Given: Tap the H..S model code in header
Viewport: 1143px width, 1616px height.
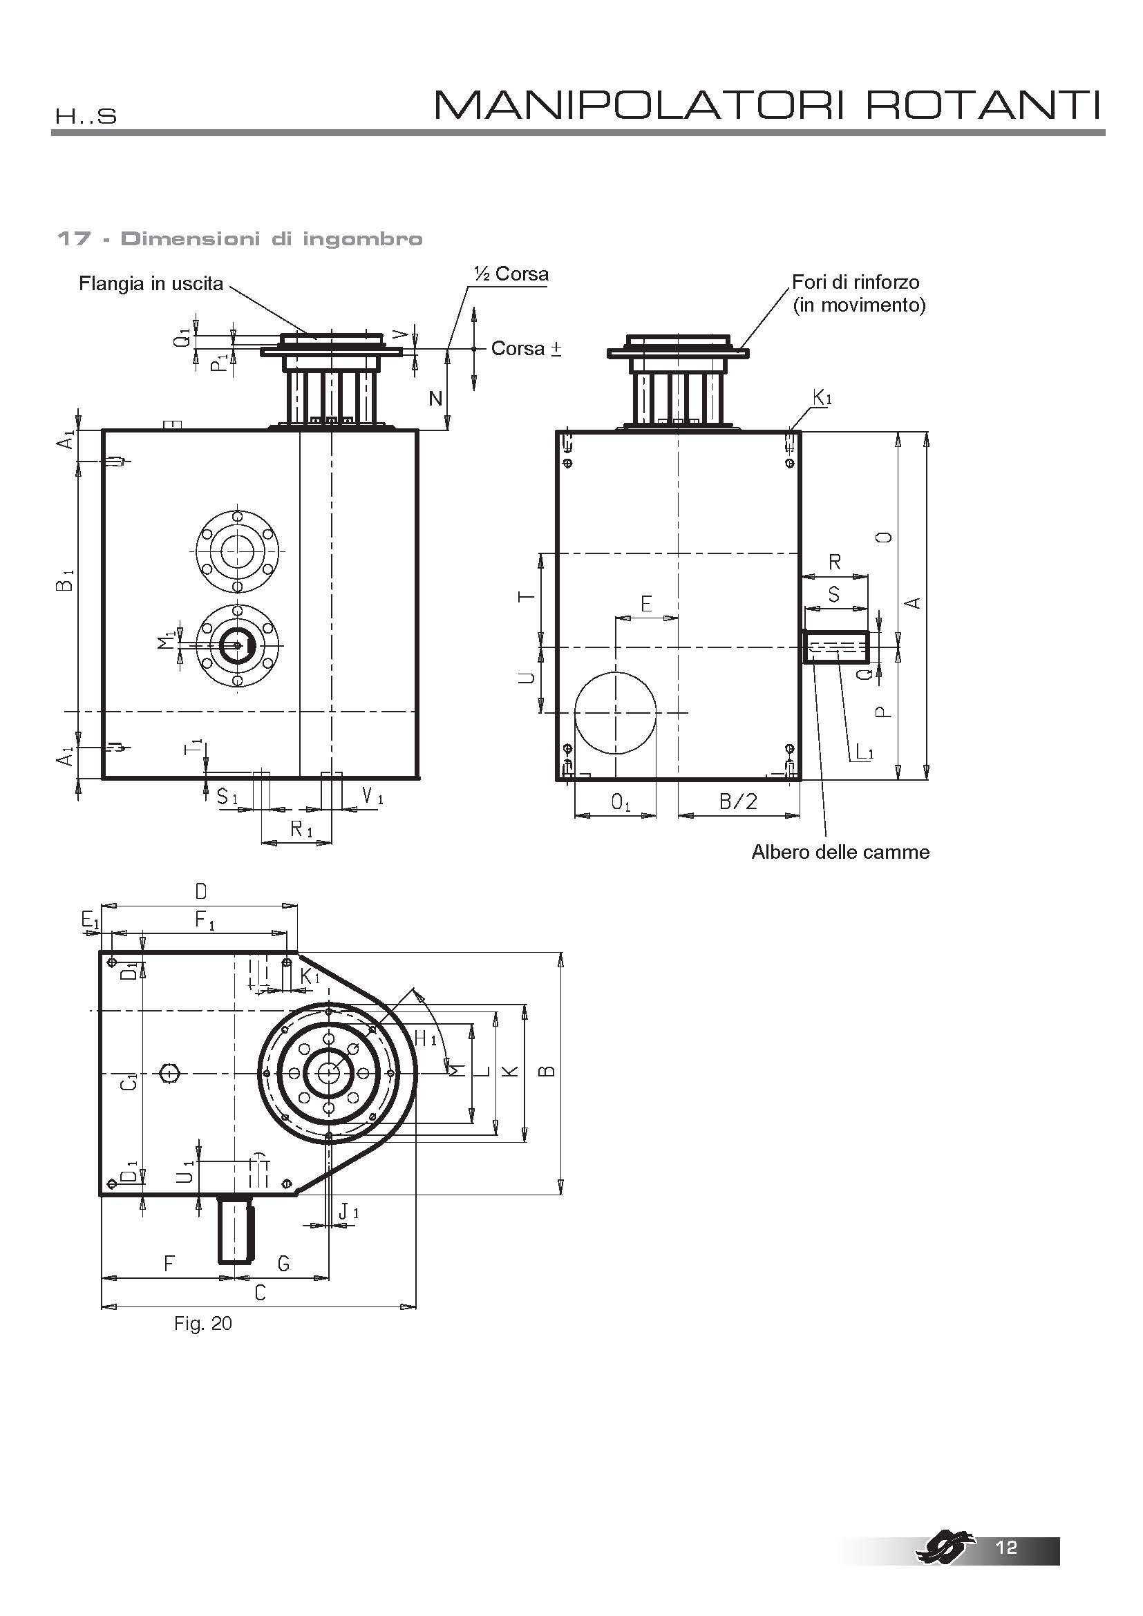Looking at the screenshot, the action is (86, 116).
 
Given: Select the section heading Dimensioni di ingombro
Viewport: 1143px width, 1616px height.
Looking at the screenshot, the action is (272, 238).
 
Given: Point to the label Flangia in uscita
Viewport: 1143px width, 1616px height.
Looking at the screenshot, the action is (151, 284).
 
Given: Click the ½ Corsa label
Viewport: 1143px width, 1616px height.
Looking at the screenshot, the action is (511, 274).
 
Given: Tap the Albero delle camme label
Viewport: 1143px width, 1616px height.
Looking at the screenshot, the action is (840, 852).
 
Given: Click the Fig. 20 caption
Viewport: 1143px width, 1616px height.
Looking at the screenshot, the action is (202, 1323).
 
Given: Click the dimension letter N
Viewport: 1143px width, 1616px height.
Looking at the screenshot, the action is (435, 399).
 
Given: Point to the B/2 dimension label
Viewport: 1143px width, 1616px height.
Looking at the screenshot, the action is (738, 801).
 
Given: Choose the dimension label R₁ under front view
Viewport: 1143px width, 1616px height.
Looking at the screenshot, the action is (301, 830).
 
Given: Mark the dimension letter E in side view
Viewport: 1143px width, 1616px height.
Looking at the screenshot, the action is (646, 603).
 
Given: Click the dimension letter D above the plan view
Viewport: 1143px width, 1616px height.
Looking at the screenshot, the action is (200, 892).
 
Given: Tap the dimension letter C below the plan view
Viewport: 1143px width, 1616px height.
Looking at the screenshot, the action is (260, 1292).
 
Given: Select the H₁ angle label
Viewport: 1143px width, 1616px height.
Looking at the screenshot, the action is (426, 1038).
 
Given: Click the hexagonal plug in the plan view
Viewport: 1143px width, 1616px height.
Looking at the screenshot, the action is (169, 1073).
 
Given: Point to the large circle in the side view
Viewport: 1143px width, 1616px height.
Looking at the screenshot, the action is (616, 712).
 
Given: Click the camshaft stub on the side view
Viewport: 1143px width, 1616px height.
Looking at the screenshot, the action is (836, 647).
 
